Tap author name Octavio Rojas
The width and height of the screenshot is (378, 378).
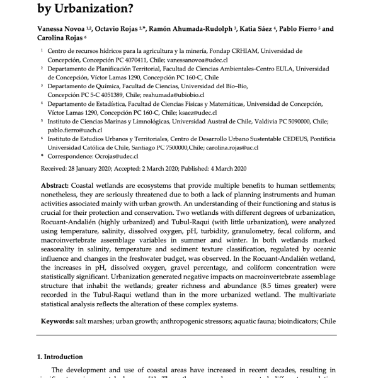coord(126,29)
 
